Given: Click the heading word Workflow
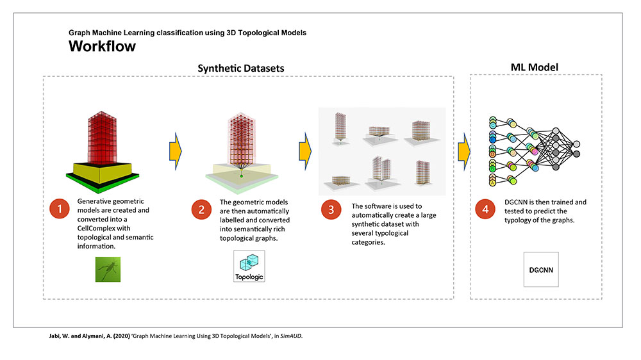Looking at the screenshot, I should [102, 46].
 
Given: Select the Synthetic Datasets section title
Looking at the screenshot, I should [241, 68].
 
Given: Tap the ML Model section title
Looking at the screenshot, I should [535, 67].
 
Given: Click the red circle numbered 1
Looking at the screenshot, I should [60, 209].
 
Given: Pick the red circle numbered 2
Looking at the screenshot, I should [202, 209].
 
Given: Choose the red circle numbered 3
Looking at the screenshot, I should [331, 209].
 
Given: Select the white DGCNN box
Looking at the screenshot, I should [541, 270].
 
